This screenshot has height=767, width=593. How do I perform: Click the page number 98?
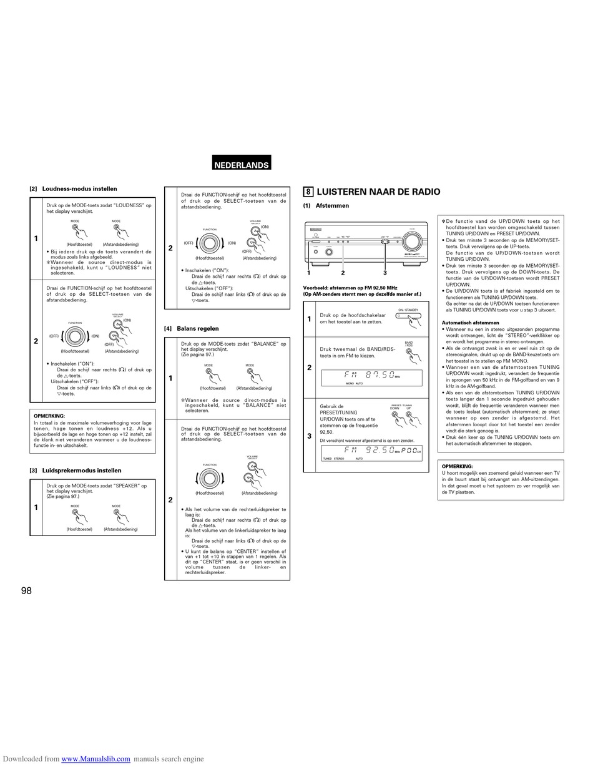coord(26,590)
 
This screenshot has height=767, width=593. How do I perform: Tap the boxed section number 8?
coord(308,192)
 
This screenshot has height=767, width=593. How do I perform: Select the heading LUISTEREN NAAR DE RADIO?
coord(378,192)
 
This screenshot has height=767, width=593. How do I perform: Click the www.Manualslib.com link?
coord(96,759)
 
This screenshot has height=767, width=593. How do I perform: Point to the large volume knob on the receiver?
coord(411,242)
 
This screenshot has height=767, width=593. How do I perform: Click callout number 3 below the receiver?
coord(385,273)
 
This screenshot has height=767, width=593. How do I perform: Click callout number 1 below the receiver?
coord(308,273)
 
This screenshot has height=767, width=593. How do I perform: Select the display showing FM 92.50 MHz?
coord(371,452)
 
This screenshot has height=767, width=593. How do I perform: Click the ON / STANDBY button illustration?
coord(408,316)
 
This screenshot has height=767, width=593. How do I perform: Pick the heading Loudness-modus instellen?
coord(79,188)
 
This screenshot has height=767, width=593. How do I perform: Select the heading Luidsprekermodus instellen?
coord(81,471)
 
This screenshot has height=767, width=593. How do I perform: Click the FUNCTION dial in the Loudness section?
coord(75,336)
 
